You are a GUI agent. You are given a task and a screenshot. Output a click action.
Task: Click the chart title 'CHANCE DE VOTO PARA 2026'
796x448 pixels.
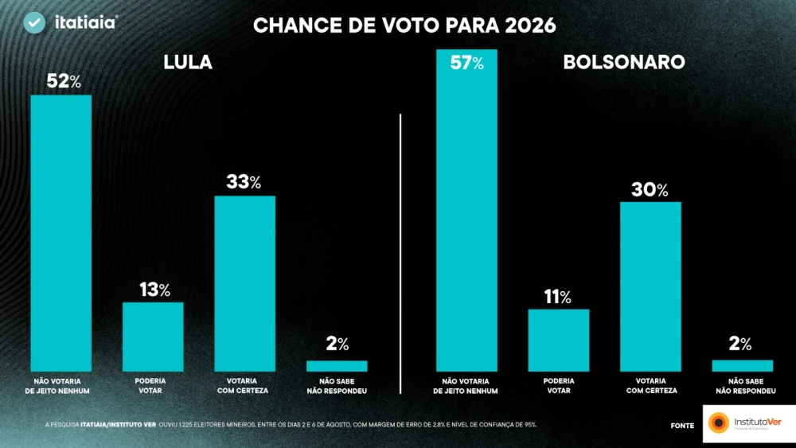(404, 25)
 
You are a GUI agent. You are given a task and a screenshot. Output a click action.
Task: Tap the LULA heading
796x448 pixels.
(188, 62)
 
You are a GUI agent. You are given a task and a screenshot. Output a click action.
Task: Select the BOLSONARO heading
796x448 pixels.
(624, 62)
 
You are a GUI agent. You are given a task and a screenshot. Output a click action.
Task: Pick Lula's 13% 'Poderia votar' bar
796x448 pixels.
(153, 337)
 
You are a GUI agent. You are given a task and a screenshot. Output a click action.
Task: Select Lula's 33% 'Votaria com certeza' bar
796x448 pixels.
(244, 283)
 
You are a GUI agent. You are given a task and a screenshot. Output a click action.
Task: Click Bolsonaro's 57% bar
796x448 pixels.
(466, 210)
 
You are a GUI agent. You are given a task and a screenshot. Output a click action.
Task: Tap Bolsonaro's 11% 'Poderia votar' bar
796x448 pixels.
(559, 340)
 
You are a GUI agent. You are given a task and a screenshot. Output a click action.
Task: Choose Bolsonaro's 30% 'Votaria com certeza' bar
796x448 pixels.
(650, 286)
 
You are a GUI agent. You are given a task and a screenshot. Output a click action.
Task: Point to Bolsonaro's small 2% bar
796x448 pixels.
(743, 365)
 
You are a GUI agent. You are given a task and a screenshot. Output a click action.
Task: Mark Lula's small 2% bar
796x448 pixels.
(337, 366)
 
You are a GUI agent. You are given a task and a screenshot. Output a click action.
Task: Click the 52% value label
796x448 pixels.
(64, 81)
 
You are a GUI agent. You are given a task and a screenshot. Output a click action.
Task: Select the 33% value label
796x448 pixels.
(244, 182)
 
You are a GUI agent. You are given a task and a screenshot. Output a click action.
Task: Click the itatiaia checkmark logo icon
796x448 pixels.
(35, 23)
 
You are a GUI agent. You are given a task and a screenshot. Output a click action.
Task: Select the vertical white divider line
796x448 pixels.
(400, 254)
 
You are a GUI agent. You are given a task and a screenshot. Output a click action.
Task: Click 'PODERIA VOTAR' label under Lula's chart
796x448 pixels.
(150, 386)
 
